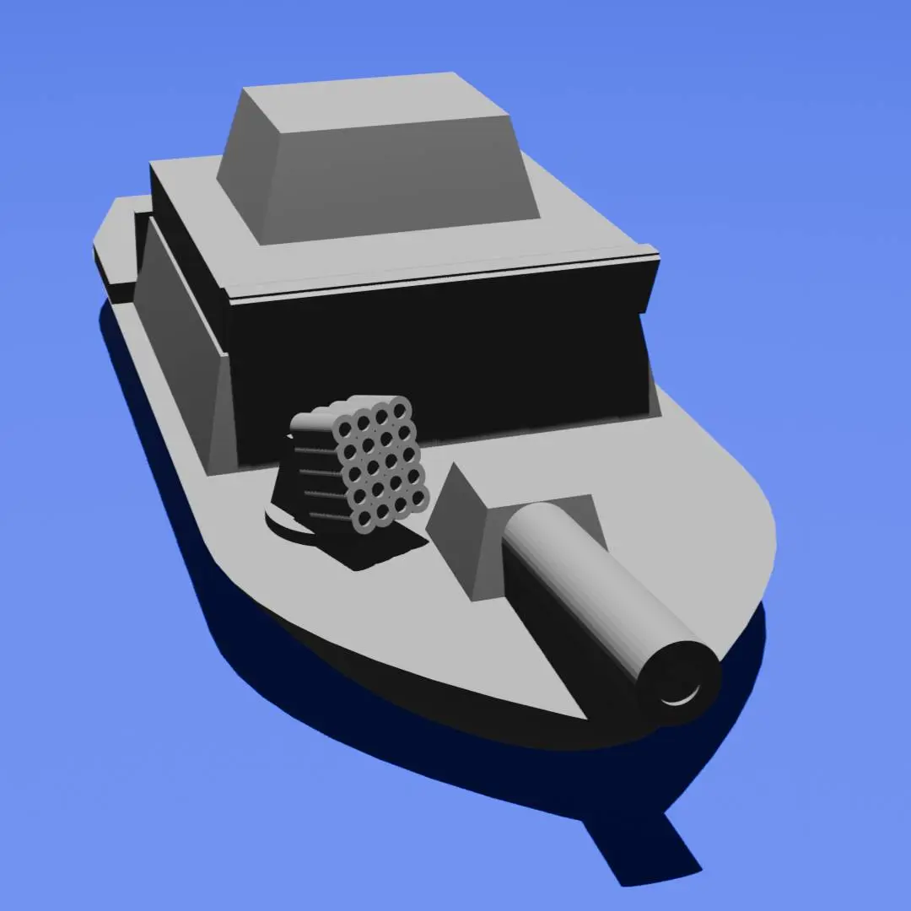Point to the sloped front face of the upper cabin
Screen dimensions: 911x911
click(x=396, y=177)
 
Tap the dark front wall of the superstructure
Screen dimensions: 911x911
click(x=439, y=354)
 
